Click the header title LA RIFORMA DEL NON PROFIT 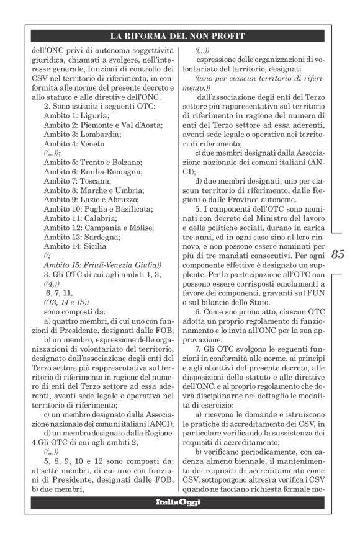pos(179,36)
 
